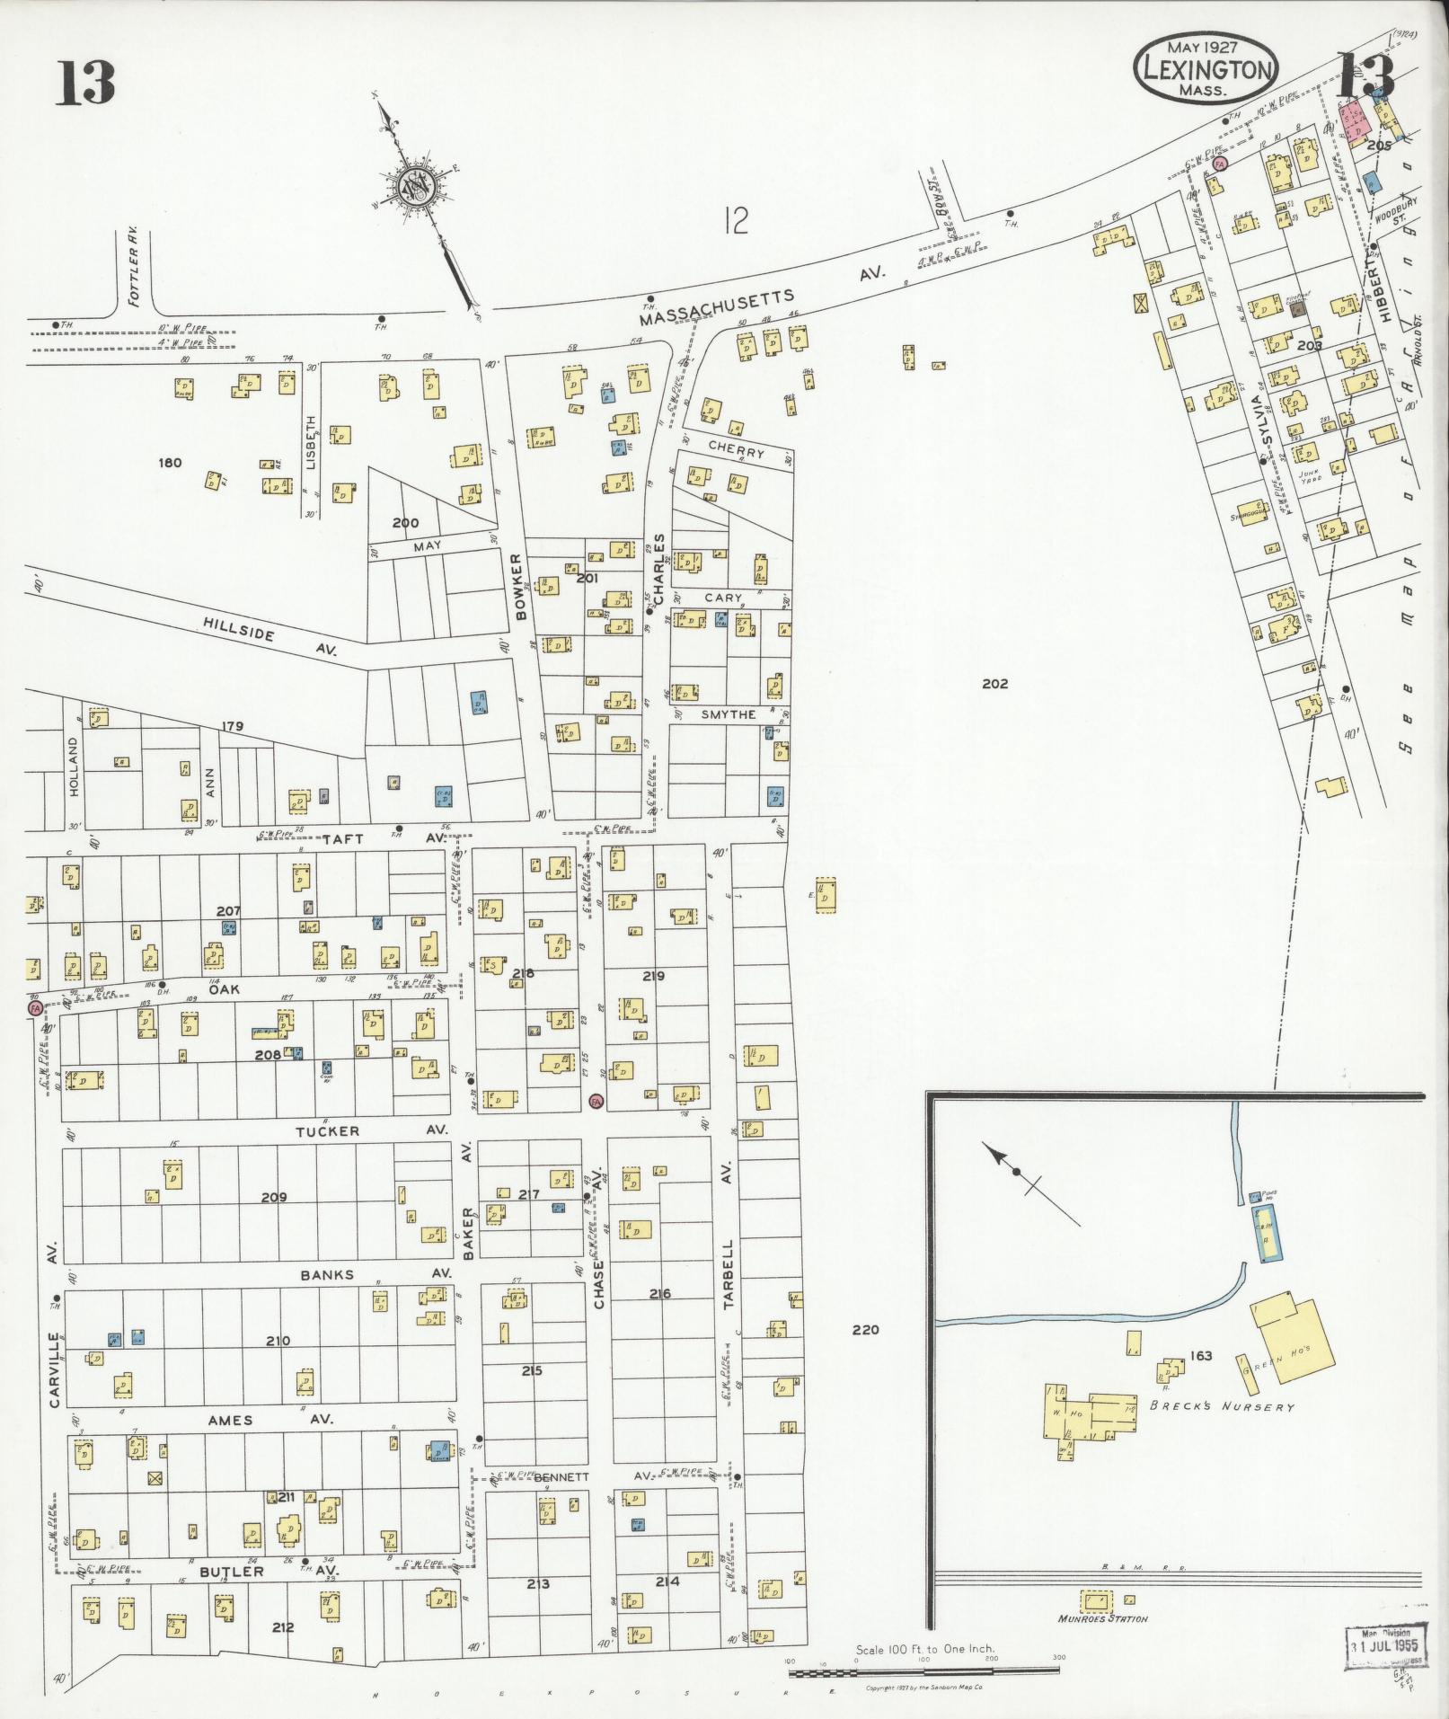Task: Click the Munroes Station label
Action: pos(1104,1618)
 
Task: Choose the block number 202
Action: pos(994,684)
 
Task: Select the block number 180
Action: pos(169,463)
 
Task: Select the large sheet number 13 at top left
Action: pos(87,82)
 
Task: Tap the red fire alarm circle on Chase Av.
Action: pos(596,1101)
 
